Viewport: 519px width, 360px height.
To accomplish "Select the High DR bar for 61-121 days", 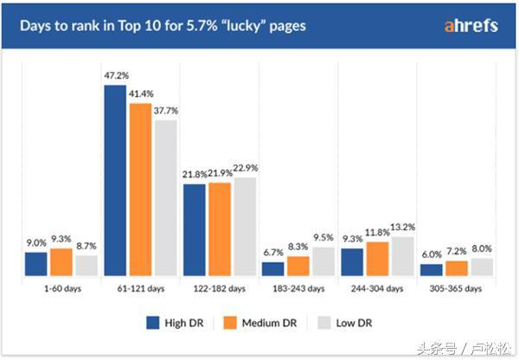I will point(115,180).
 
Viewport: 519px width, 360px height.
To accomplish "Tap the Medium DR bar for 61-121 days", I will point(140,190).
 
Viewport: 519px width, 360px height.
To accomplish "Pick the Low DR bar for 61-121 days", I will point(165,197).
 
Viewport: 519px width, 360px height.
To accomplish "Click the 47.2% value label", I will point(115,76).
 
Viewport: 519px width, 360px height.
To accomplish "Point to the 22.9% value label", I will point(246,168).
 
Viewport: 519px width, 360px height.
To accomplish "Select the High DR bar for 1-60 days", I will point(35,264).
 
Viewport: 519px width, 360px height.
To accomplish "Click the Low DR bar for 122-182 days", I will point(245,227).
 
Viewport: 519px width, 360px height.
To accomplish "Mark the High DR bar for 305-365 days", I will point(431,270).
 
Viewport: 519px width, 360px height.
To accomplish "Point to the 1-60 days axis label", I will point(60,288).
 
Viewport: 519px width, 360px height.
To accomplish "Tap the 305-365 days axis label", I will point(455,288).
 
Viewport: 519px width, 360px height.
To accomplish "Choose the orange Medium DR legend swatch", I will point(230,325).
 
